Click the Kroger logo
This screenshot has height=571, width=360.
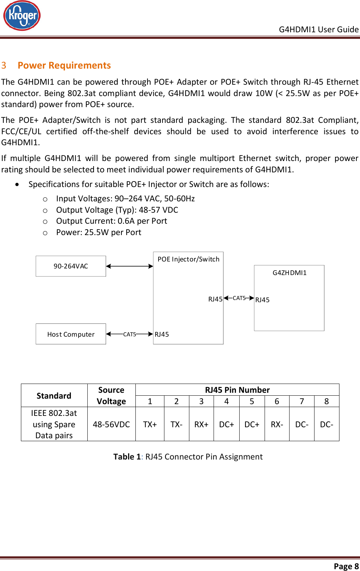coord(22,16)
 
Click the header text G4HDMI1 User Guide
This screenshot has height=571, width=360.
coord(319,29)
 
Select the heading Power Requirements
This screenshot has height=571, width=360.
coord(64,65)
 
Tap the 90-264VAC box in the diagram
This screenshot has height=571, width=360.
coord(71,266)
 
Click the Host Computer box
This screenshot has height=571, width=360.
coord(71,334)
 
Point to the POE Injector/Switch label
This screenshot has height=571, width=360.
coord(188,259)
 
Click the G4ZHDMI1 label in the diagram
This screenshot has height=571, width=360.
coord(289,273)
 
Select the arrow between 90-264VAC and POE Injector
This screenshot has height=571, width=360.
coord(130,266)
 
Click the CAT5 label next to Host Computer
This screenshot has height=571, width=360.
coord(130,334)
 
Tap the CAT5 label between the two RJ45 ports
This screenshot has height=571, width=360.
coord(239,298)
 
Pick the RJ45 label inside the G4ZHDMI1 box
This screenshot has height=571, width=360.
coord(262,300)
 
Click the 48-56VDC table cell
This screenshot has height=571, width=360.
coord(111,424)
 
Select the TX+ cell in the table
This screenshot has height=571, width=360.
coord(150,424)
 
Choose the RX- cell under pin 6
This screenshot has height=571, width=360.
coord(277,424)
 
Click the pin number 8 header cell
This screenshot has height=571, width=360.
coord(326,402)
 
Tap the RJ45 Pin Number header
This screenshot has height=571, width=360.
coord(237,390)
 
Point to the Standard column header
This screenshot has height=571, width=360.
coord(54,396)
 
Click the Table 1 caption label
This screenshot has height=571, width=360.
coord(127,457)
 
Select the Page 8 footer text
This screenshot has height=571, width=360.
coord(346,566)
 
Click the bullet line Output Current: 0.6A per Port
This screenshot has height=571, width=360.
coord(112,221)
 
